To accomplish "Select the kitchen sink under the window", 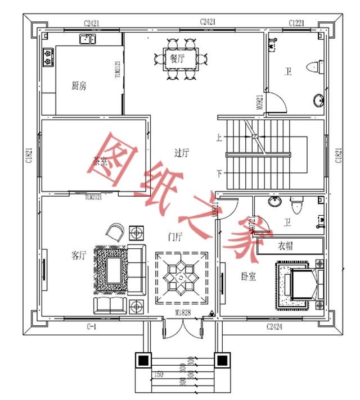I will click(87, 39).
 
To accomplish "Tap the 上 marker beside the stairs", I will click(219, 137).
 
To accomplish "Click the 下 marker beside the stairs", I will click(219, 172).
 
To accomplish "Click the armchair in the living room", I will click(116, 230).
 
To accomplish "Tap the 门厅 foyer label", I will click(176, 237).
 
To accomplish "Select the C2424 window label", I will click(275, 326).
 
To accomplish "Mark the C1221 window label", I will click(296, 23).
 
